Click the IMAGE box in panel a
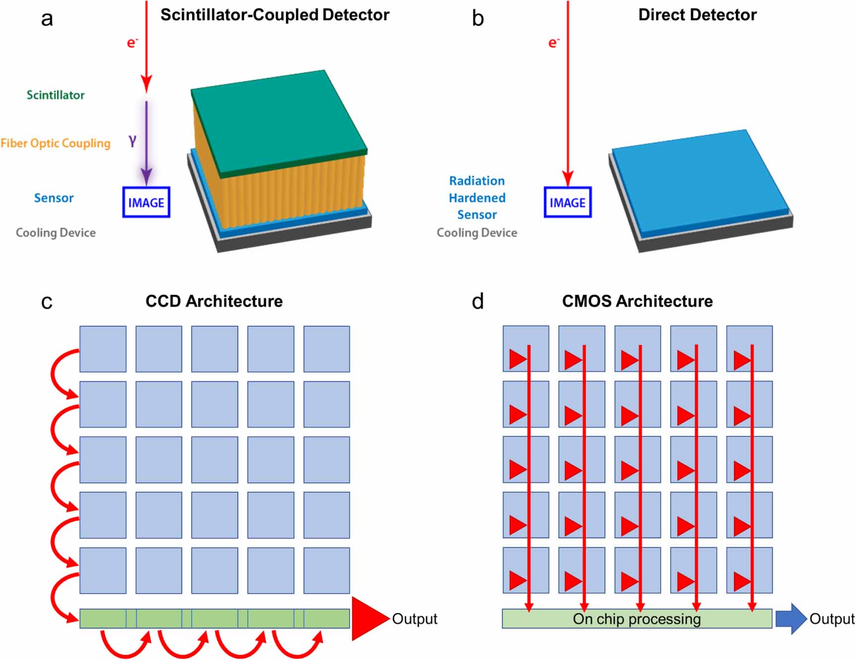click(146, 202)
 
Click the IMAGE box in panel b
click(567, 202)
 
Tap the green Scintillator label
click(56, 95)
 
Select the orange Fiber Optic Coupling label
click(56, 143)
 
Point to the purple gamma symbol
click(132, 141)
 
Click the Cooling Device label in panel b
click(476, 233)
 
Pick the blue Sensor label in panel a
click(54, 198)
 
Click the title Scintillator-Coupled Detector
click(274, 15)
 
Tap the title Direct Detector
click(697, 15)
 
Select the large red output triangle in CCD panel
click(367, 618)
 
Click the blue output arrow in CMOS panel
click(790, 618)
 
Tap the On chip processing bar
click(637, 619)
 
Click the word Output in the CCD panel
click(414, 619)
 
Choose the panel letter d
click(477, 302)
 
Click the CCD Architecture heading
click(214, 301)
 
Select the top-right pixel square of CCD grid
click(327, 349)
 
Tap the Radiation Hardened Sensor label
click(476, 198)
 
